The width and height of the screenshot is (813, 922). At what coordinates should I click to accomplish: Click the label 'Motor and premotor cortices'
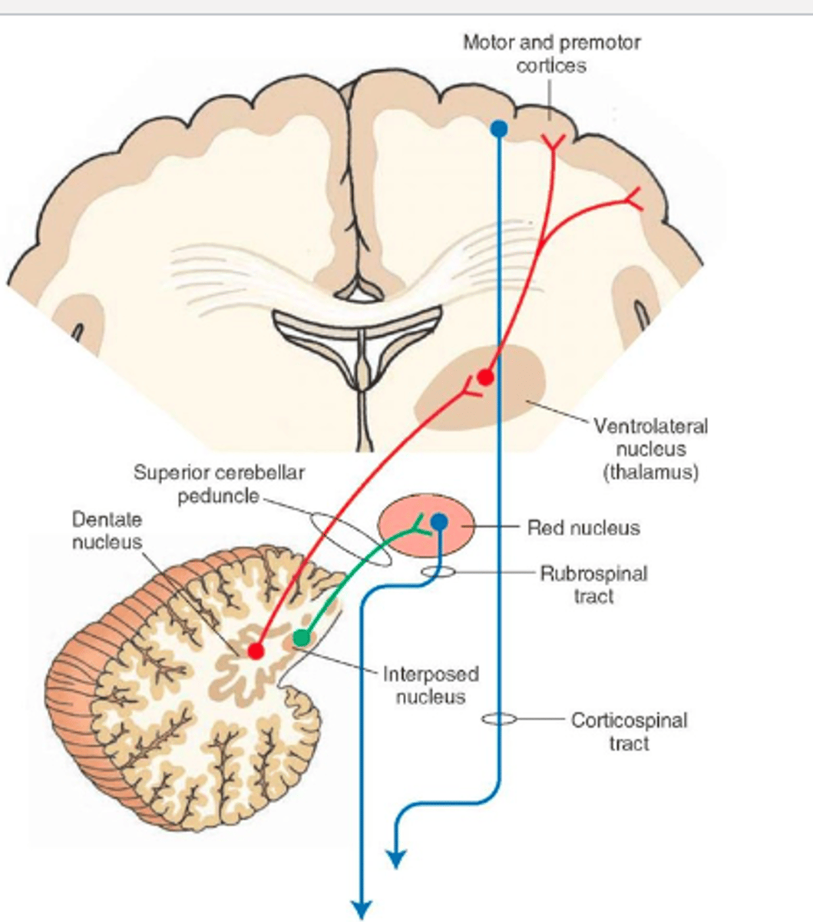click(551, 53)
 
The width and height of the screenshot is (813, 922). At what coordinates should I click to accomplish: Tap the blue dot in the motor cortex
click(498, 128)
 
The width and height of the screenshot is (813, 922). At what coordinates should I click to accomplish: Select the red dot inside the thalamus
click(484, 376)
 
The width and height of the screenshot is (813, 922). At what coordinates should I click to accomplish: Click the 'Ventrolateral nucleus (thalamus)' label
click(650, 448)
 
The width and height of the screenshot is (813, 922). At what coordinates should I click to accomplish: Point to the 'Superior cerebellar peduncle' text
click(219, 483)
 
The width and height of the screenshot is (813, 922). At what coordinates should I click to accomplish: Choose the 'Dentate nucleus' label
click(107, 530)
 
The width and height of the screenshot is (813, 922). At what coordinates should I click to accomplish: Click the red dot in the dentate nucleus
click(256, 651)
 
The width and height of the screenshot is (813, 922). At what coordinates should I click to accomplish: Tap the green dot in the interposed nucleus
click(302, 638)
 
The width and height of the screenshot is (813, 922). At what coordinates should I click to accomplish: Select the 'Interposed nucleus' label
click(431, 685)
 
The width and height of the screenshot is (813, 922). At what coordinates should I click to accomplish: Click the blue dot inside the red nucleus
click(439, 522)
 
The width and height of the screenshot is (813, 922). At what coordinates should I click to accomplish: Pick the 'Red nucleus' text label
click(583, 528)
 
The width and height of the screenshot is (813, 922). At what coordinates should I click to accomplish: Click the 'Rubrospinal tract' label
click(593, 585)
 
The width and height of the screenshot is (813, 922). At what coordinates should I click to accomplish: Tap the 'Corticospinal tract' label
click(629, 731)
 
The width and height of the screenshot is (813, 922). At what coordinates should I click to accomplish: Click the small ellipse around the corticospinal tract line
click(499, 719)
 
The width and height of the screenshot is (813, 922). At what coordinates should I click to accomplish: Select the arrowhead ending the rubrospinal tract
click(362, 908)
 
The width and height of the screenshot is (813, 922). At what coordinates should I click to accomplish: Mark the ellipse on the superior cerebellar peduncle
click(349, 539)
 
